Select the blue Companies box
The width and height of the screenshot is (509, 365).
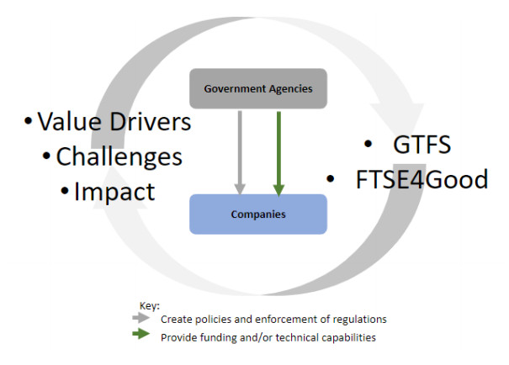(258, 214)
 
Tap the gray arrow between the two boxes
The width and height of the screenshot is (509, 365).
(240, 151)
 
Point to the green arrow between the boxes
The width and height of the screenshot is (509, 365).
(278, 151)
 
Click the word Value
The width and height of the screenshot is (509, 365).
(73, 123)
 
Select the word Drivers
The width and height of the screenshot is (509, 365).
(151, 123)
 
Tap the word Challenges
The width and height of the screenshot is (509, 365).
(119, 156)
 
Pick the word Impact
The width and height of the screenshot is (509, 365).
(114, 192)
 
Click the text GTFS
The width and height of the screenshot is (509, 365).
(422, 145)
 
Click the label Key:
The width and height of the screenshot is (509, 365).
(147, 307)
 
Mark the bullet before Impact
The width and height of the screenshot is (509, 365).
(65, 192)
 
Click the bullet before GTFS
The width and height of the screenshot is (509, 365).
(367, 145)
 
